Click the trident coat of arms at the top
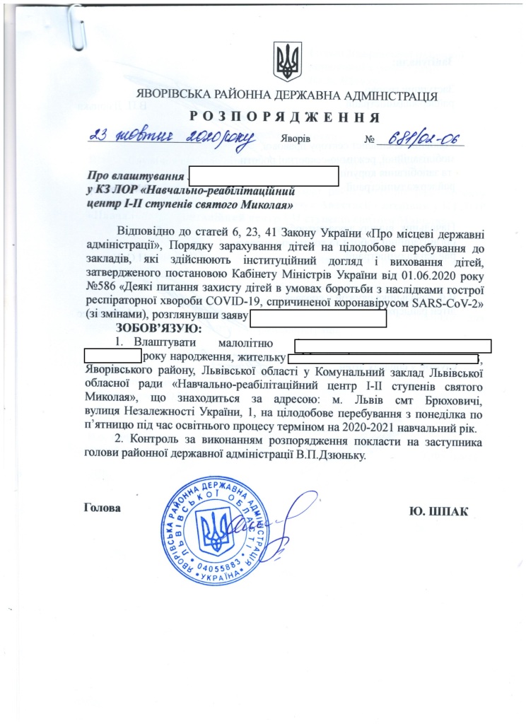tap(288, 62)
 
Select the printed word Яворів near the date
tap(296, 139)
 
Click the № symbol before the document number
tap(369, 139)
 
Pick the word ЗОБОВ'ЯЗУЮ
tap(159, 328)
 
